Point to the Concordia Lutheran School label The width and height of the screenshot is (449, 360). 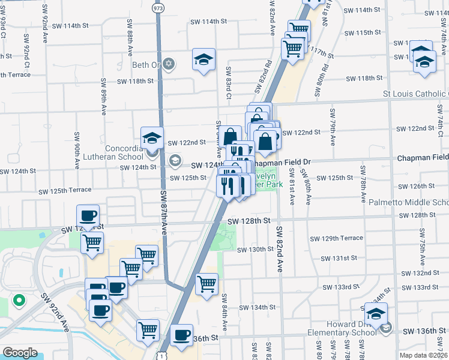tap(119, 152)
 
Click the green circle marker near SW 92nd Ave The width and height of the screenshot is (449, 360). tap(19, 299)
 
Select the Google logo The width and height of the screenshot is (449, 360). tap(20, 353)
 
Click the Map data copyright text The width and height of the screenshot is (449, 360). tap(423, 355)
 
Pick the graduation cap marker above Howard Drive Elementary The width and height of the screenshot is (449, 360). tap(376, 314)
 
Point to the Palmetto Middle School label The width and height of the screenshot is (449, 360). tap(408, 203)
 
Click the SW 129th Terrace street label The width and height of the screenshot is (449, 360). tap(336, 238)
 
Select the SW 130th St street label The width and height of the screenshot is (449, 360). tap(255, 250)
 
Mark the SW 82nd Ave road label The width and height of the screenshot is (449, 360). tap(280, 249)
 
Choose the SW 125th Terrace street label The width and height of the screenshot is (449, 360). tap(65, 191)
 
